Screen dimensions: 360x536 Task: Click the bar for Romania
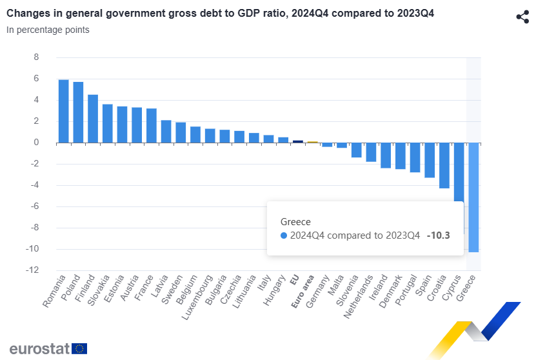[x=63, y=111]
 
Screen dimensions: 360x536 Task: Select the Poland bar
[x=78, y=112]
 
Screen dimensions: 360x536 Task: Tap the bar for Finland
[x=93, y=119]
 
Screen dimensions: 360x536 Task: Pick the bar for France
[x=152, y=126]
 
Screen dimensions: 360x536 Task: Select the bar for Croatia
[x=444, y=165]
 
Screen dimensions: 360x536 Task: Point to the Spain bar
[x=430, y=159]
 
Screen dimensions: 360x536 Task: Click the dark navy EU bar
[x=298, y=141]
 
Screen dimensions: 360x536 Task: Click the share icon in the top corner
[x=522, y=17]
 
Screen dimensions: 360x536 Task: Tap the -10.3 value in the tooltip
[x=438, y=235]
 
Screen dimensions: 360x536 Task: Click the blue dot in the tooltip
[x=284, y=235]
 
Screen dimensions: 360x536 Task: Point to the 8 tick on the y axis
[x=36, y=57]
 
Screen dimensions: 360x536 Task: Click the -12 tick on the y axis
[x=34, y=270]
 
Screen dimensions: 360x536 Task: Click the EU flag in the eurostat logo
[x=80, y=348]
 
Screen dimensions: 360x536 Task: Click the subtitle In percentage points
[x=48, y=30]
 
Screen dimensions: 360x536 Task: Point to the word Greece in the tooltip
[x=295, y=221]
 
